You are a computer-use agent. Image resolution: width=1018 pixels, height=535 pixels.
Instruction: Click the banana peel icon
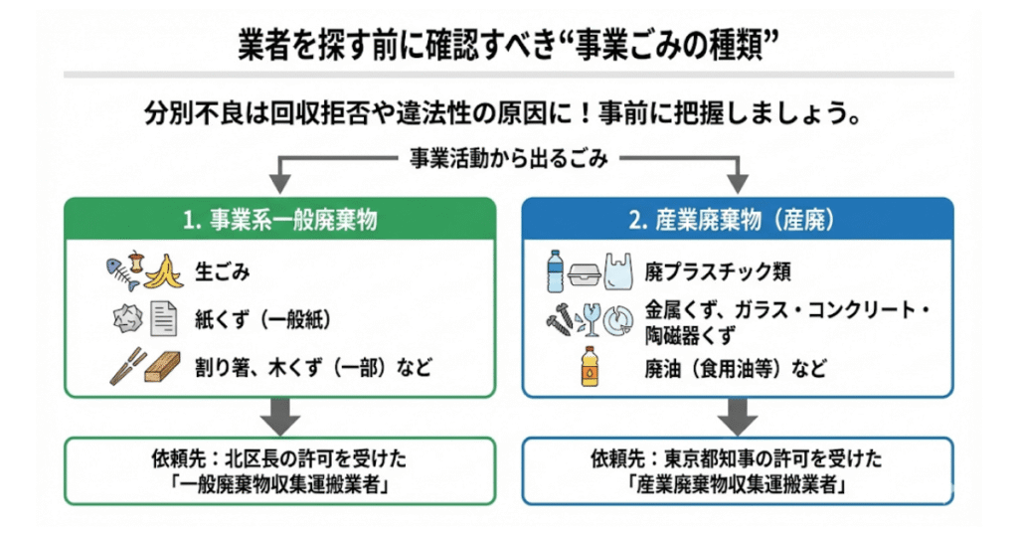(x=165, y=271)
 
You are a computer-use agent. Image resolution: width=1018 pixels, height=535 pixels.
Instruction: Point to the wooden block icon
(x=164, y=369)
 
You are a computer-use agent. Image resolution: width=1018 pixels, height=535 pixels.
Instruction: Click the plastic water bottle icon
(x=554, y=270)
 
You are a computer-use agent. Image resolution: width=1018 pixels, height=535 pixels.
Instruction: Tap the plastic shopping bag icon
(x=617, y=271)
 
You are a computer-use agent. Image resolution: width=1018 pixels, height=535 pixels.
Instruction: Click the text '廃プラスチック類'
(x=718, y=271)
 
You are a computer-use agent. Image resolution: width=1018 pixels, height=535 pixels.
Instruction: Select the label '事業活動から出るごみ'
(x=508, y=157)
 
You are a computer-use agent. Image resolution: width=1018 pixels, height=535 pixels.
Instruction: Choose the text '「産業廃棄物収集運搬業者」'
(x=737, y=486)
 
